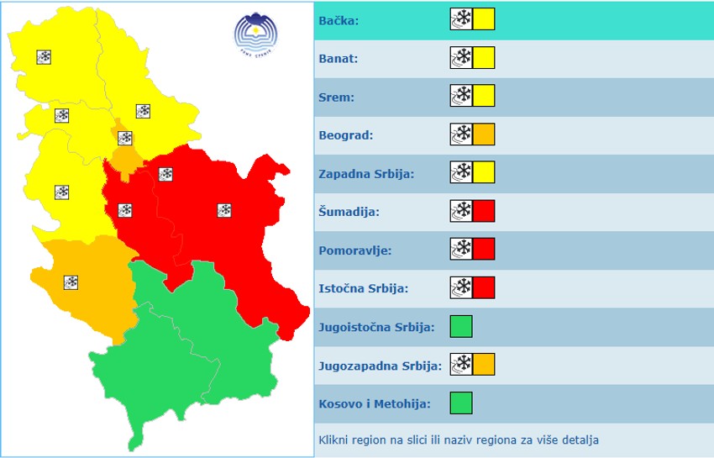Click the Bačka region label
click(339, 20)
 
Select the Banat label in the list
click(339, 59)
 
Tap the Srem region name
click(337, 97)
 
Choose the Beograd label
click(346, 135)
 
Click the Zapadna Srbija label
click(366, 174)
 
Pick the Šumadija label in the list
click(349, 212)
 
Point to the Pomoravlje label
click(355, 250)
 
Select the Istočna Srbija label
click(364, 288)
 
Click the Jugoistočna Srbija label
click(376, 327)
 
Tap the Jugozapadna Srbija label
click(380, 366)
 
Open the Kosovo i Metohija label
click(375, 404)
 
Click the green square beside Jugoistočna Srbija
click(461, 326)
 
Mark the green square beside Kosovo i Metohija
click(461, 403)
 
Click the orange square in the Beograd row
click(484, 134)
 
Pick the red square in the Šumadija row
click(484, 211)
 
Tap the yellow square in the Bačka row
click(484, 19)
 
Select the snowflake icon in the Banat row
click(461, 58)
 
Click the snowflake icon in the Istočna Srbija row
click(461, 288)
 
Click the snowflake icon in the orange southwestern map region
click(71, 282)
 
